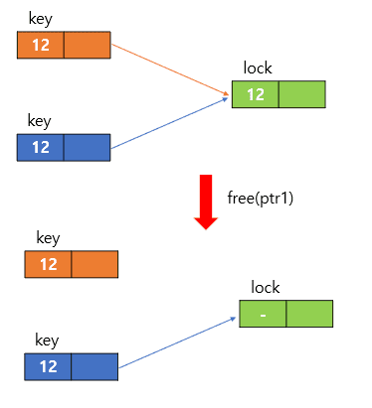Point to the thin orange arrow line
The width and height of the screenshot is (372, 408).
coord(169,68)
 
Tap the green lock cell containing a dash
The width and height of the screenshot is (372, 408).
coord(263,314)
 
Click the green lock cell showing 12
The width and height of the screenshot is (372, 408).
coord(255,94)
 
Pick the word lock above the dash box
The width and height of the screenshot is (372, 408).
coord(266,287)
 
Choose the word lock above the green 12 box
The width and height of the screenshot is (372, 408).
coord(258,68)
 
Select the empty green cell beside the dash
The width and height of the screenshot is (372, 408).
coord(309,314)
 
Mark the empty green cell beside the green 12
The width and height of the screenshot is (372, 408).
coord(301,94)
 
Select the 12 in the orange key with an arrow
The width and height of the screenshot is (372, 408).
coord(41,46)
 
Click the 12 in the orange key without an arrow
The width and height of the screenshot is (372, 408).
coord(48,264)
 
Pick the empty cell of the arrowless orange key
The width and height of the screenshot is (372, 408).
coord(94,264)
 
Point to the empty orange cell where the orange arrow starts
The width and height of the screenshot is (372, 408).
coord(88,46)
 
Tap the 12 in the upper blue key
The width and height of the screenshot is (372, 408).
coord(41,148)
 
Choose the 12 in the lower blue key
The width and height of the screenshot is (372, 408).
coord(48,367)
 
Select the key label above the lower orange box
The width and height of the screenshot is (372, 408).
coord(48,238)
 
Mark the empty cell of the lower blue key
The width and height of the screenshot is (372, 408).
coord(94,367)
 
